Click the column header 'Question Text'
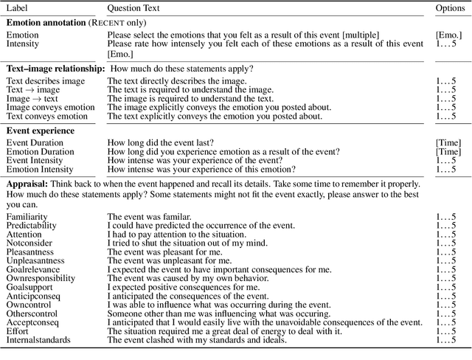point(137,8)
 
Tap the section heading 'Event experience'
point(41,131)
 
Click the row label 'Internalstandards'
point(38,341)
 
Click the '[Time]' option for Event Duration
point(448,142)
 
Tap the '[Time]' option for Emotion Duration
point(448,152)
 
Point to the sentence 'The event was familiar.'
point(149,217)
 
